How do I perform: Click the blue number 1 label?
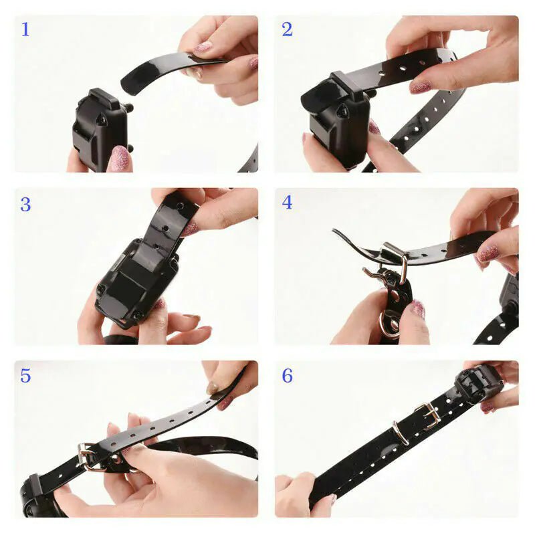pos(25,29)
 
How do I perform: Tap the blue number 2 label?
pos(287,29)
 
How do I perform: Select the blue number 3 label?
pos(25,204)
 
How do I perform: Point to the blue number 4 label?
pos(287,202)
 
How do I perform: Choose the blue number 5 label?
pos(25,376)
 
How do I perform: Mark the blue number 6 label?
pos(287,376)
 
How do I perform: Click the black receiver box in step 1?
pos(99,127)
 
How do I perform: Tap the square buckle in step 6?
pos(428,415)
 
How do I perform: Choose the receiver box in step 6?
pos(477,384)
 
